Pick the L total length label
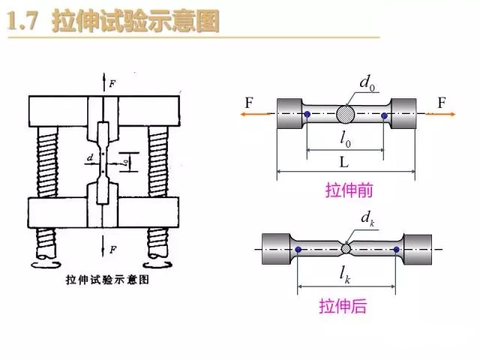click(346, 161)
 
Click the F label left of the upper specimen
click(248, 100)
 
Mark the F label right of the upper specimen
click(442, 100)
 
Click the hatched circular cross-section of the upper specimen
click(346, 114)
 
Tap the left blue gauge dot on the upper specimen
click(308, 115)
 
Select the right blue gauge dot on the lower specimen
click(394, 248)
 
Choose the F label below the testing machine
click(112, 247)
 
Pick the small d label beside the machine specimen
click(91, 159)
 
